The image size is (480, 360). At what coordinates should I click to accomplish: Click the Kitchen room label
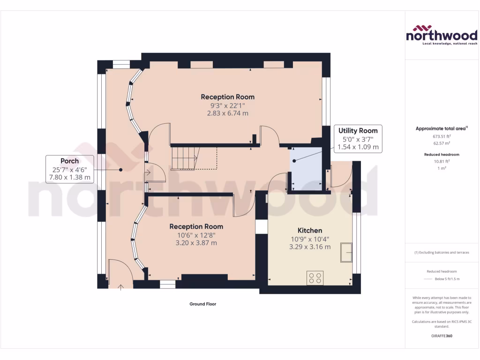click(x=310, y=231)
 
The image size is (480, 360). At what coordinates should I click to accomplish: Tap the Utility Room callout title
click(x=358, y=130)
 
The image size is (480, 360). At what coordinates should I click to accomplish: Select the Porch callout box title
click(x=69, y=161)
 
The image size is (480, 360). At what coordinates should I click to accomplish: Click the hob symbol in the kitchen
click(x=315, y=278)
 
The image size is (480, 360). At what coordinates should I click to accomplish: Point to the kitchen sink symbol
click(x=347, y=253)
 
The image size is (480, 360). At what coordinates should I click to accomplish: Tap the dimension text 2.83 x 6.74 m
click(x=227, y=113)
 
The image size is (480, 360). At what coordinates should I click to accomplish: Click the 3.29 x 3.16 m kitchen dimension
click(x=310, y=247)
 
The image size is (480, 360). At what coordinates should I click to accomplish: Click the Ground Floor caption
click(x=202, y=304)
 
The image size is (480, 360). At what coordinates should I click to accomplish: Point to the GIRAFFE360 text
click(x=441, y=336)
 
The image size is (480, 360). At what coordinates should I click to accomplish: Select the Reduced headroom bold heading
click(x=441, y=154)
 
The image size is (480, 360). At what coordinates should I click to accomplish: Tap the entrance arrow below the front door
click(x=121, y=287)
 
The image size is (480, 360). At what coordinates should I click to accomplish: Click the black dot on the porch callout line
click(x=120, y=170)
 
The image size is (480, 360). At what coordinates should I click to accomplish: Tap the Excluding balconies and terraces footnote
click(x=441, y=253)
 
